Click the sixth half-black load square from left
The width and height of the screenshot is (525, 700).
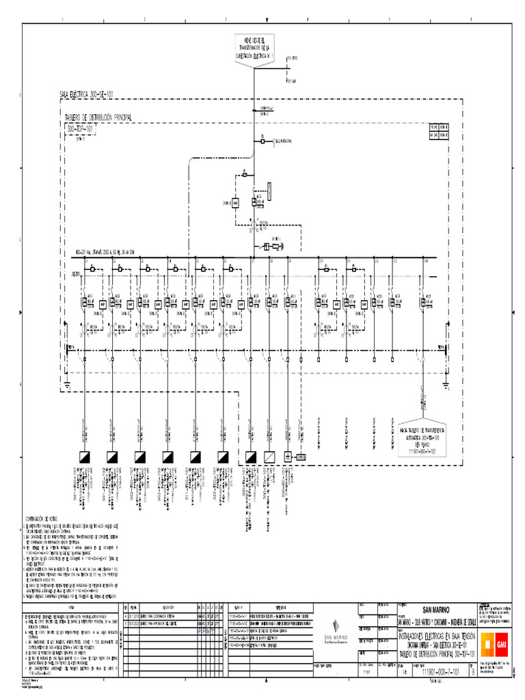(224, 456)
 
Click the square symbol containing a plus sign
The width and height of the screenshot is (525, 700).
(288, 456)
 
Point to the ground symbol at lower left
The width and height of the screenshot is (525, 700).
(66, 386)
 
